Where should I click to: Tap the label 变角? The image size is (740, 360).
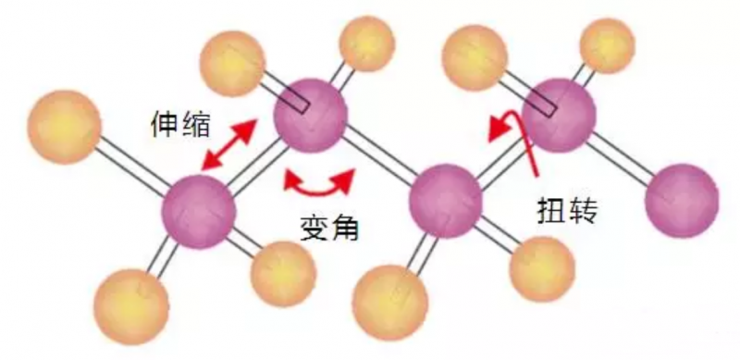(x=329, y=229)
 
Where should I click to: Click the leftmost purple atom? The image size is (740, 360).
(x=199, y=211)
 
